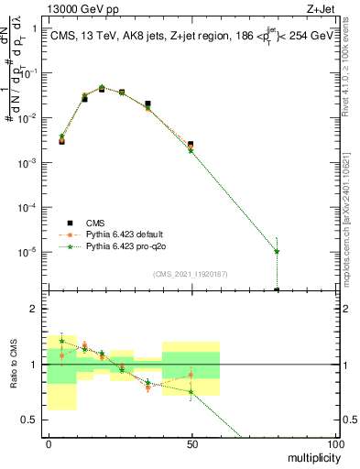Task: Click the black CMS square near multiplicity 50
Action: (191, 144)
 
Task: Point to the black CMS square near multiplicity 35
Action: (147, 104)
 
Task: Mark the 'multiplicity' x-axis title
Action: (310, 455)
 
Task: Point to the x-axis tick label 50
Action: (191, 443)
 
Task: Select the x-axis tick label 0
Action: (48, 443)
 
